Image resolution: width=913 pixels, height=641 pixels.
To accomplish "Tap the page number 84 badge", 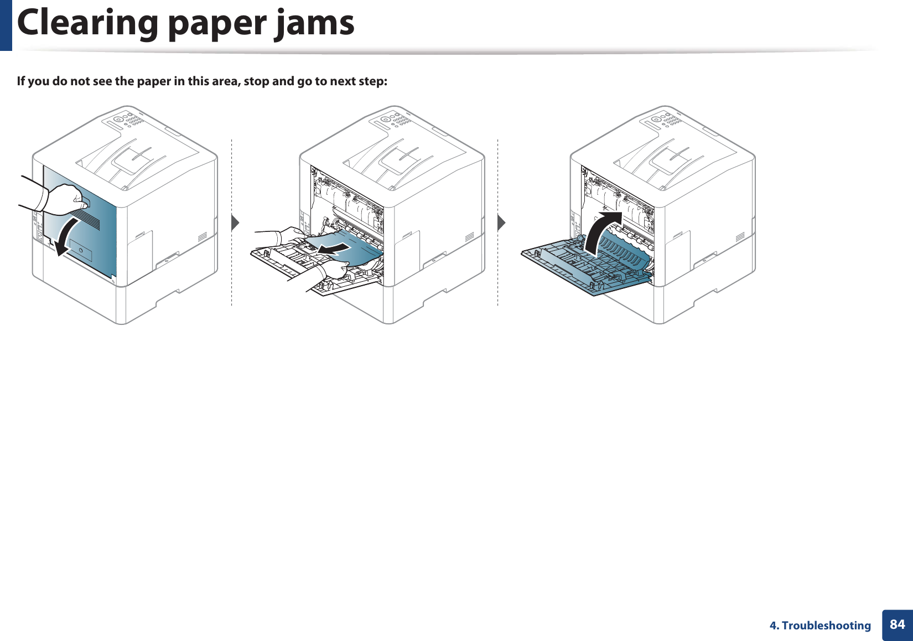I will point(897,625).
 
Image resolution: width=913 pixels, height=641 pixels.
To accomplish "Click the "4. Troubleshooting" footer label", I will point(820,626).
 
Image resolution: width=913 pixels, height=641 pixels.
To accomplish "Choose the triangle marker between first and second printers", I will point(235,223).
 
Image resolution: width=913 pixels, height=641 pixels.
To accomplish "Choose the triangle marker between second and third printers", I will point(501,223).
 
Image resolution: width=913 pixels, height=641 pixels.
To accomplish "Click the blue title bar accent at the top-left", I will point(6,25).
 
